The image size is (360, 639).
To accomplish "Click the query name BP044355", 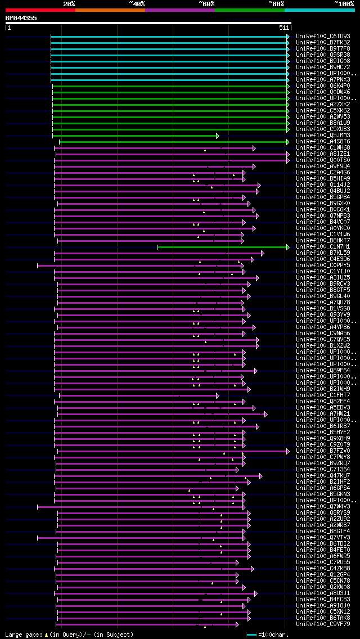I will click(21, 18).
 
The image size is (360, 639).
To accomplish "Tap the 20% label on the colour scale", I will click(69, 3).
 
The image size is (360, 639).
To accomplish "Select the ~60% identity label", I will click(206, 3).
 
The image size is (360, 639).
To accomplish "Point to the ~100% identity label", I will click(343, 3).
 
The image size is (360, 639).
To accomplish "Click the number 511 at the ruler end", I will click(283, 27).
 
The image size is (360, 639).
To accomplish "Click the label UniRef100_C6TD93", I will click(322, 37).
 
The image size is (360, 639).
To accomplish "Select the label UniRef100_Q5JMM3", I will click(322, 136).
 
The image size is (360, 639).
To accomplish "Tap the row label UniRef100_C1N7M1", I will click(322, 247).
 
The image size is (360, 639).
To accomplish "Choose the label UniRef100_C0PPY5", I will click(322, 265).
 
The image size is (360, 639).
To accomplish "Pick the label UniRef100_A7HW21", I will click(322, 414).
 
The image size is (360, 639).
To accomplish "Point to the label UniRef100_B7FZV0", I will click(322, 451).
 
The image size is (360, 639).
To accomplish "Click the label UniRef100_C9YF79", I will click(322, 624).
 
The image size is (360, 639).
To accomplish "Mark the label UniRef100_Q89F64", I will click(322, 371).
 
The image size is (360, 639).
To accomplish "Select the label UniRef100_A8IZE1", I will click(322, 154).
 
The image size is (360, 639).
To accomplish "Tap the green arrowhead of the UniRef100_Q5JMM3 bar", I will click(217, 136).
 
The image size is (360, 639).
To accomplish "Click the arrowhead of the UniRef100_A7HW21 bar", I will click(265, 414).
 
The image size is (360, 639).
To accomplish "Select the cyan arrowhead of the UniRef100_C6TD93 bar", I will click(288, 37).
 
